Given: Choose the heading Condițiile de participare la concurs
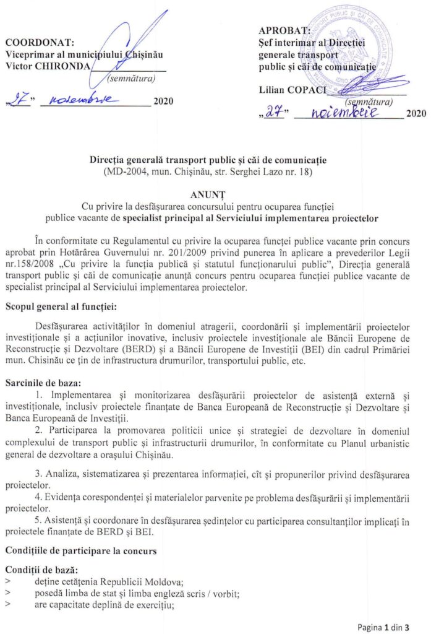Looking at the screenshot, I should tap(83, 550).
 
